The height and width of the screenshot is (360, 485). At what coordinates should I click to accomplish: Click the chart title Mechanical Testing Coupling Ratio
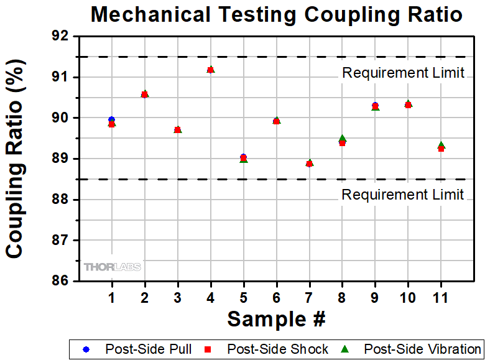tap(277, 15)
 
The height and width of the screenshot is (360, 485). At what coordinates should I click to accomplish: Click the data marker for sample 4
tap(210, 70)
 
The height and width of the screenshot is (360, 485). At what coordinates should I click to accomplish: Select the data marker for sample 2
tap(145, 95)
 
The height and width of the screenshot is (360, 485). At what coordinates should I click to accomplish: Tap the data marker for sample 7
tap(309, 163)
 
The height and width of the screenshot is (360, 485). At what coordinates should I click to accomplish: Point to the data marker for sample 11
tap(441, 147)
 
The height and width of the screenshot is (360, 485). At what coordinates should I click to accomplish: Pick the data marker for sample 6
tap(276, 121)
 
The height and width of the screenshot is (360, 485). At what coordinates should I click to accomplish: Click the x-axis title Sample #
tap(276, 319)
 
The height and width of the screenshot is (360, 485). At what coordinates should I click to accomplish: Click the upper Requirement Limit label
tap(403, 73)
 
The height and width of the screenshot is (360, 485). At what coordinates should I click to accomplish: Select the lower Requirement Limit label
tap(403, 195)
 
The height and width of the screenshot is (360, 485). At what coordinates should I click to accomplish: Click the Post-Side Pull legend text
tap(148, 349)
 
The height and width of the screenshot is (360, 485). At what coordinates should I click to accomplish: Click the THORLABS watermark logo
tap(113, 267)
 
